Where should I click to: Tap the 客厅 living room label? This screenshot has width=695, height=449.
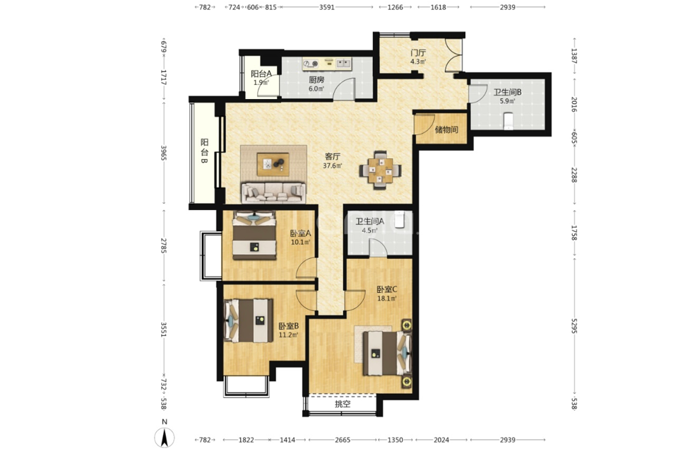pos(333,156)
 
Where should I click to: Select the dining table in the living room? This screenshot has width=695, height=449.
pos(381,170)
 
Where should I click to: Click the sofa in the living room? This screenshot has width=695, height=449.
pos(273,192)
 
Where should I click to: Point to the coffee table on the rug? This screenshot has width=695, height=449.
pos(273,164)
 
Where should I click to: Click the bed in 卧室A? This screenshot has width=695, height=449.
pos(254,235)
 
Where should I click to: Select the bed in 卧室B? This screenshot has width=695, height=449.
pos(248,320)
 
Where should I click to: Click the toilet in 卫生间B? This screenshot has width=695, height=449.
pos(509,121)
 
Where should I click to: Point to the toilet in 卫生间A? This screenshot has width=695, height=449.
pos(400,219)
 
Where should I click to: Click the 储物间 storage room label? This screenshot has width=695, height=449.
pos(446,129)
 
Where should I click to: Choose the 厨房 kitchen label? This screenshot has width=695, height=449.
pos(316,80)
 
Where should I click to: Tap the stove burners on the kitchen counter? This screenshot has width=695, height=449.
pos(311,64)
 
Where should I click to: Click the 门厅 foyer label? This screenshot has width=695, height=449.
pos(418,53)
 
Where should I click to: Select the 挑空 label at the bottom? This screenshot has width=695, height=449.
pos(343,404)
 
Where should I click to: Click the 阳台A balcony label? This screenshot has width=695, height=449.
pos(261,74)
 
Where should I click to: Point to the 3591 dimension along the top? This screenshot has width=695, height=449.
pos(327,7)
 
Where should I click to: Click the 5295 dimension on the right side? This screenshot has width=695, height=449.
pos(574,326)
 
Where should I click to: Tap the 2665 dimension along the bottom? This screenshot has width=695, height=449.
pos(343,440)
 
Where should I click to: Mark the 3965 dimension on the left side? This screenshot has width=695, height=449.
pos(164,153)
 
